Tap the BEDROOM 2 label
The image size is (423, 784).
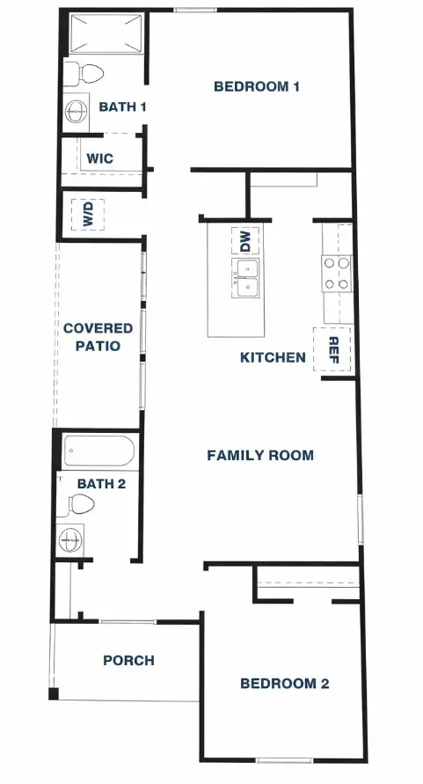[284, 683]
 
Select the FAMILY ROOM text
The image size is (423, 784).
[260, 455]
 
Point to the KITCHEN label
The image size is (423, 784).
[273, 357]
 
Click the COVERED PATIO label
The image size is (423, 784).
[98, 337]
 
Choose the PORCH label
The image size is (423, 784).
[128, 660]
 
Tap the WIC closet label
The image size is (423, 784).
[99, 159]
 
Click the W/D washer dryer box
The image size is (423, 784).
[88, 214]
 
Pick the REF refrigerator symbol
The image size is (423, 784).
[333, 348]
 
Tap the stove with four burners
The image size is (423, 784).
[336, 273]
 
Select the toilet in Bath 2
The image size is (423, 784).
[79, 504]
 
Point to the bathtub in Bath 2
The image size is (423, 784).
[99, 451]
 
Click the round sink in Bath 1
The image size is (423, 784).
[77, 111]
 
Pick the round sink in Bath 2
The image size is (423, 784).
[70, 537]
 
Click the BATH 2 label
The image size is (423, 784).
[101, 483]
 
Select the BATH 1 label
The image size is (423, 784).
[122, 106]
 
